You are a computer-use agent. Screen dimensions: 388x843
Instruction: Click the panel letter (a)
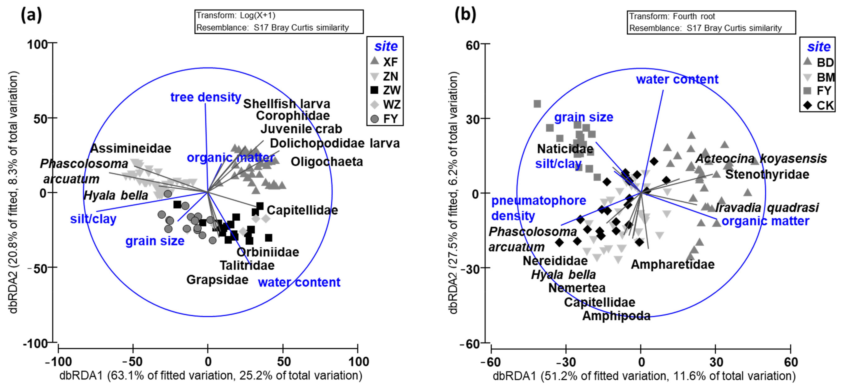click(x=31, y=15)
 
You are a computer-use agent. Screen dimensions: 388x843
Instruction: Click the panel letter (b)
click(x=465, y=15)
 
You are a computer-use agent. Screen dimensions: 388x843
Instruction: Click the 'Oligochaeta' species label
click(x=327, y=162)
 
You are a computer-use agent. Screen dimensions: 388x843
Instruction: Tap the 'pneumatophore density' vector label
click(x=538, y=208)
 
